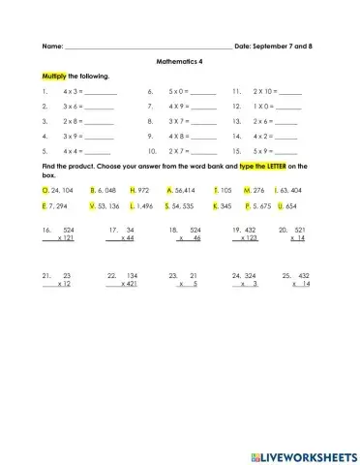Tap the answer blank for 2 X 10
289,92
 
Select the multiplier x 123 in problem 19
247,237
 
